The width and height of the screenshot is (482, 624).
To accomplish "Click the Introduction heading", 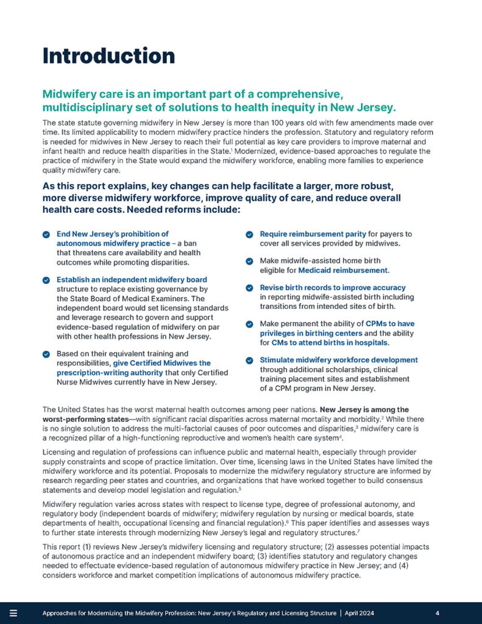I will (108, 55).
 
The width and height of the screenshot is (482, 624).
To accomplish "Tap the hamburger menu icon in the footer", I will (13, 612).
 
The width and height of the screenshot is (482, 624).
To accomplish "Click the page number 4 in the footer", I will (438, 612).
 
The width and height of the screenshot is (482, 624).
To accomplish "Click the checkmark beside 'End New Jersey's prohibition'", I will (46, 234).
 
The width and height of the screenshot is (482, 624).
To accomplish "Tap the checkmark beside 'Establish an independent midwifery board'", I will (46, 280).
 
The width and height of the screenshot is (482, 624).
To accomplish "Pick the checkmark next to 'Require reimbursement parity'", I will (250, 234).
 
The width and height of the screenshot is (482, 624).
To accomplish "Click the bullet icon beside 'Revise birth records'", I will (250, 288).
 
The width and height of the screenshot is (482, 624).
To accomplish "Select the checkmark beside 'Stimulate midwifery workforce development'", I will (250, 360).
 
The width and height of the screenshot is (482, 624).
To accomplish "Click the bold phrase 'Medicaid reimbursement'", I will (352, 270).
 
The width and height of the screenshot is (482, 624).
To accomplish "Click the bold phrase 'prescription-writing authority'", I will (107, 373).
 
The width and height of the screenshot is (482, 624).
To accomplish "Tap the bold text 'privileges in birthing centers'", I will (311, 333).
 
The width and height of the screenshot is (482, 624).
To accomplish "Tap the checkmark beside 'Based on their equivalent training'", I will (46, 353).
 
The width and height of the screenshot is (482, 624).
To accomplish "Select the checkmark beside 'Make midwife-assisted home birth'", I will (250, 261).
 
